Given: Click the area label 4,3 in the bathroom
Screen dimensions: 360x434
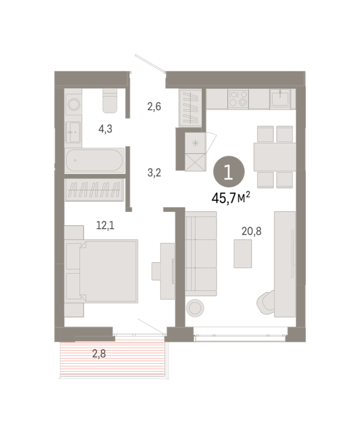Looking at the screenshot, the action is click(x=105, y=129).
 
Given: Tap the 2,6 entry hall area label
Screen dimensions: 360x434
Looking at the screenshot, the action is click(x=154, y=106).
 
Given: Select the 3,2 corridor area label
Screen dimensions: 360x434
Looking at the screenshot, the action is click(x=154, y=173).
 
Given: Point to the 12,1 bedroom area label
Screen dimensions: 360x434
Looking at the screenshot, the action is click(x=105, y=225).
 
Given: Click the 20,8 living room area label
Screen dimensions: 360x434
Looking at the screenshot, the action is click(x=251, y=231).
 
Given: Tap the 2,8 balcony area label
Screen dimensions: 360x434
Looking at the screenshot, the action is click(x=99, y=354).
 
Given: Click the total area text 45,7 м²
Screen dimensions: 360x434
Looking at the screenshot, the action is click(x=231, y=198).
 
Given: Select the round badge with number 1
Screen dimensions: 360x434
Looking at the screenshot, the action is click(x=229, y=172).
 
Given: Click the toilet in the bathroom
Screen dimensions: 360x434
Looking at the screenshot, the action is click(x=110, y=101).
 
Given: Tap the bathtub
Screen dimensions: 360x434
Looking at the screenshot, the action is click(x=94, y=160).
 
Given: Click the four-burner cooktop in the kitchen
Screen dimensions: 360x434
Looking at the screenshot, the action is click(x=238, y=99).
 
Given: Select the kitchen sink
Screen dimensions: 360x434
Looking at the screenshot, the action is click(x=280, y=98).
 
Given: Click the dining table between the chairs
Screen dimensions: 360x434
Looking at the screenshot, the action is click(x=275, y=157).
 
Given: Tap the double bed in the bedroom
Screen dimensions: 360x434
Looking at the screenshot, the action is click(x=108, y=271).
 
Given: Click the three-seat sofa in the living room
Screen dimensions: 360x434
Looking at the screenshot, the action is click(x=201, y=254).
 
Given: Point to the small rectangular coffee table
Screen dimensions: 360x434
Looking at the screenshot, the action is click(x=243, y=254).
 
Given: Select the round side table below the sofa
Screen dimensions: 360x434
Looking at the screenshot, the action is click(x=195, y=308).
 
